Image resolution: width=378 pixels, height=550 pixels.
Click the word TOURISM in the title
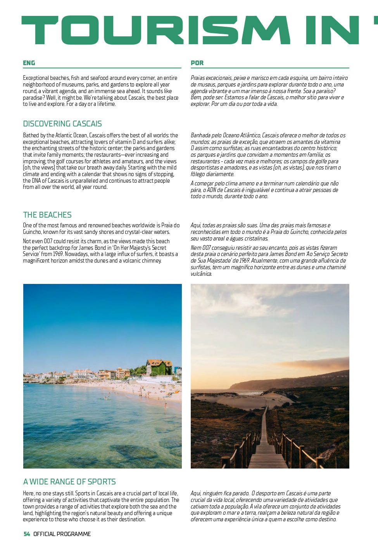155,30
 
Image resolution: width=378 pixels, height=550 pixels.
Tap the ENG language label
29,63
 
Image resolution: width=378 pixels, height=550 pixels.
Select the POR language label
197,63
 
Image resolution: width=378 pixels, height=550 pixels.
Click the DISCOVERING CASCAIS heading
62,124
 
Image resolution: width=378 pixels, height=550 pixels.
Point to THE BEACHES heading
47,215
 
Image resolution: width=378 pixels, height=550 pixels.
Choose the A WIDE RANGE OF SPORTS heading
69,482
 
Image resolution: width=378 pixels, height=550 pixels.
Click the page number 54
27,534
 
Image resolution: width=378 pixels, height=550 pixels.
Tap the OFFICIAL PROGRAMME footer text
62,534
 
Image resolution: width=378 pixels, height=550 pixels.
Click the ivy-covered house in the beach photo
159,367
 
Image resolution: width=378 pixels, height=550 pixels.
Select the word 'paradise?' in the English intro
33,98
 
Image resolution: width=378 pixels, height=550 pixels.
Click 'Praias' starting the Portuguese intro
198,78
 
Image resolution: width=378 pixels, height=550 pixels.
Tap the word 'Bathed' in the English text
31,135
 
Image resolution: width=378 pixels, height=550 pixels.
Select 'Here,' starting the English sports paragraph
29,493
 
